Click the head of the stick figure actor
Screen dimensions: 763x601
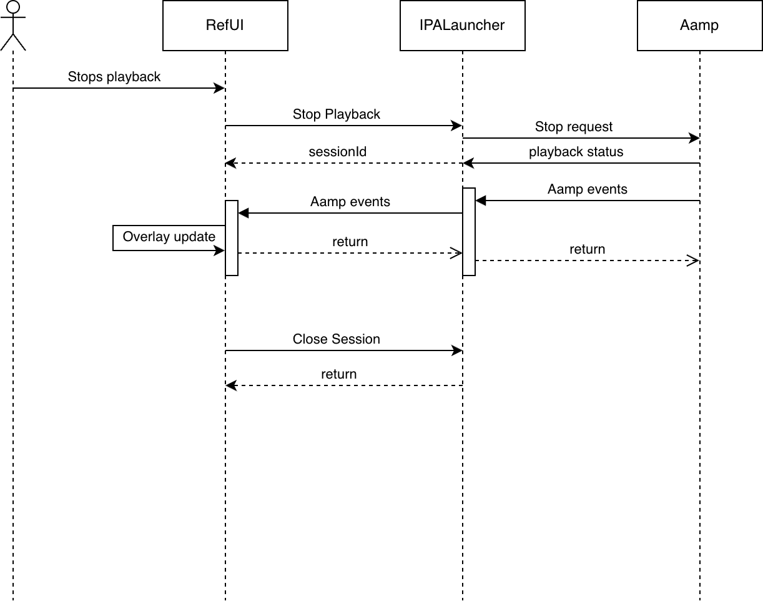pos(13,7)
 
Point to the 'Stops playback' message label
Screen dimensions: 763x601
pos(114,77)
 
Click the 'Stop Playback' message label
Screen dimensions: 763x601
pos(336,114)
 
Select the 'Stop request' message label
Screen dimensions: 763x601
pos(574,127)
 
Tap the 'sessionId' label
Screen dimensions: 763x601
pos(338,151)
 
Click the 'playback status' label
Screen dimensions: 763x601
pos(576,152)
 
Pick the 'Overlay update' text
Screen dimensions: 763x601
pos(169,237)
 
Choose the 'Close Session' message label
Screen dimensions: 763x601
pos(336,339)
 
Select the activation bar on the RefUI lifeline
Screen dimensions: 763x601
pos(232,237)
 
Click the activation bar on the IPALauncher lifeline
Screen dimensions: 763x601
pos(469,231)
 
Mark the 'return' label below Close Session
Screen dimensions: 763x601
pos(338,374)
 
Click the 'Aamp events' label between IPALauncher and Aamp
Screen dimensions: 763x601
pos(587,189)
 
